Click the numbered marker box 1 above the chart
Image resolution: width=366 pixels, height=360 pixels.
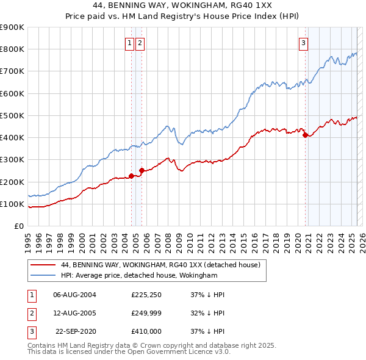(130, 43)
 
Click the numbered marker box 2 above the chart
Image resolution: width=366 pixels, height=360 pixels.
(140, 43)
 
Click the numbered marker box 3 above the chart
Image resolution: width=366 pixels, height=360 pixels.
(303, 43)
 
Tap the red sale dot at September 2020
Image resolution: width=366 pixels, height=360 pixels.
(305, 135)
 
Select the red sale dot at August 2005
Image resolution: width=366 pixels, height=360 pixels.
(142, 171)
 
